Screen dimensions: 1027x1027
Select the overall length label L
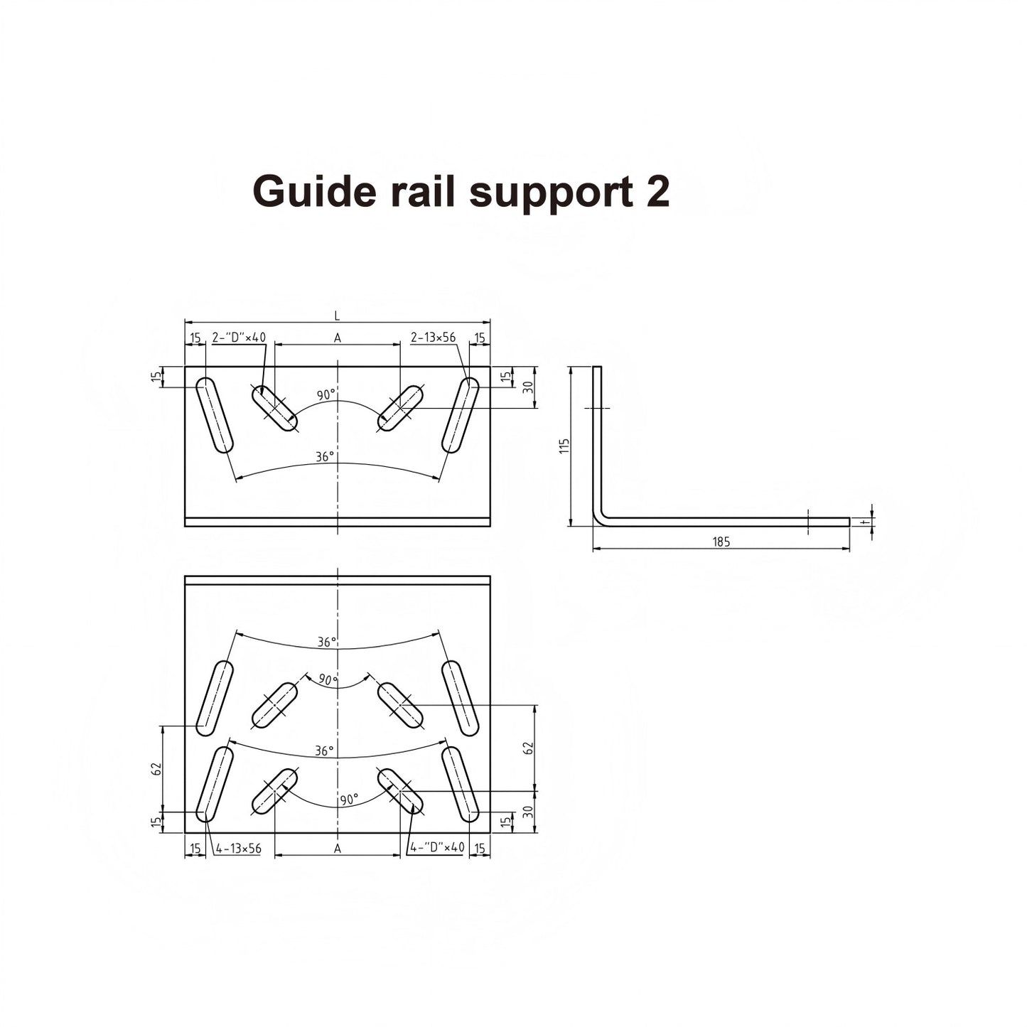[337, 316]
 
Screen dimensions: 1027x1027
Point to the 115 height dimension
[565, 446]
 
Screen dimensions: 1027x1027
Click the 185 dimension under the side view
[721, 542]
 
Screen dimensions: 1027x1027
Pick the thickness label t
[863, 522]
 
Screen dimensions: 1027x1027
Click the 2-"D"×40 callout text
[239, 338]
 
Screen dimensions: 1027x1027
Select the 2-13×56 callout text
[433, 338]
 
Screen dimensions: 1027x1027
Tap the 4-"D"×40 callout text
[437, 847]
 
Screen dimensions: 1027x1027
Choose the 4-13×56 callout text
[238, 848]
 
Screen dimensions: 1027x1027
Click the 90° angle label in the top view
[326, 395]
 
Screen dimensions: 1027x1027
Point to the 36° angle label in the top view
[325, 457]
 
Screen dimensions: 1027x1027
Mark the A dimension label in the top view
[338, 338]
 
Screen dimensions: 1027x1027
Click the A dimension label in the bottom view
[338, 848]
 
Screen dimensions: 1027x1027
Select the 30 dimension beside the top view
[528, 387]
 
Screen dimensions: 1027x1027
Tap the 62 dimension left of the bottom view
[157, 768]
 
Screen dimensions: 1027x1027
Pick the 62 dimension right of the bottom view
[527, 748]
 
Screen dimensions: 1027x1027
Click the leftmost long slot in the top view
[215, 415]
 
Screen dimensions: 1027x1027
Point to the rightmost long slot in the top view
[461, 415]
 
